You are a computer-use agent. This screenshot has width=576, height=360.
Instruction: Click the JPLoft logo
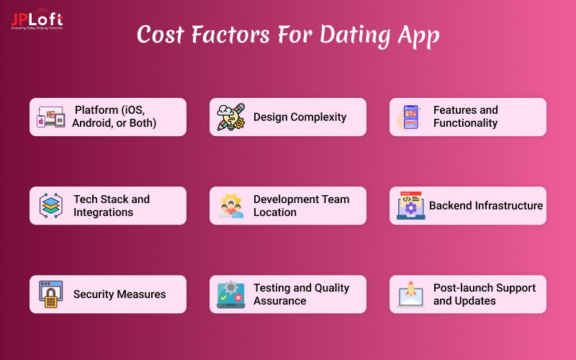point(37,19)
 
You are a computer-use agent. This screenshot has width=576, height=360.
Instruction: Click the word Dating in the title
point(366,35)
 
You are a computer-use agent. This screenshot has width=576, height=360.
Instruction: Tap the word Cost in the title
point(165,35)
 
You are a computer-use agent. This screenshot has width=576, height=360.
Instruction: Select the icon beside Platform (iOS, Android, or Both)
point(51,117)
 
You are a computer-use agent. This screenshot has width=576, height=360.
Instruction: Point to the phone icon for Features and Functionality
point(411,117)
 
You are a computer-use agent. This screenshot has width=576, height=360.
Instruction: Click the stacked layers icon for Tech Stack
point(51,206)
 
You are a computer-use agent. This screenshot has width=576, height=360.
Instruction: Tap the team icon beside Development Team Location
point(231,206)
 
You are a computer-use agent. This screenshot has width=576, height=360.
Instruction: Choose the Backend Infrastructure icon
point(411,206)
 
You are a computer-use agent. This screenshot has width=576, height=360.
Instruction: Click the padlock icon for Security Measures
point(51,294)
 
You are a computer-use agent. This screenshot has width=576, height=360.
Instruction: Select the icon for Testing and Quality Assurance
point(231,294)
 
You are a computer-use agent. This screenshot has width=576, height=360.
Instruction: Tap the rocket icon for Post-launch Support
point(411,294)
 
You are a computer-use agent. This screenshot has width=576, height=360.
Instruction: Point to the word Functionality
point(465,123)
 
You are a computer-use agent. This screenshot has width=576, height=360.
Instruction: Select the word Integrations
point(103,212)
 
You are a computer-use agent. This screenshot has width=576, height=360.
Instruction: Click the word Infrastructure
point(507,206)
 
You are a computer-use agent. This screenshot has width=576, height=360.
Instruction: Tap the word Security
point(94,294)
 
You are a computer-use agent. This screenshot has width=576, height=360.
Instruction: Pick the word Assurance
point(280,301)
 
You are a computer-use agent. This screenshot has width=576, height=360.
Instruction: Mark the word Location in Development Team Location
point(275,212)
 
